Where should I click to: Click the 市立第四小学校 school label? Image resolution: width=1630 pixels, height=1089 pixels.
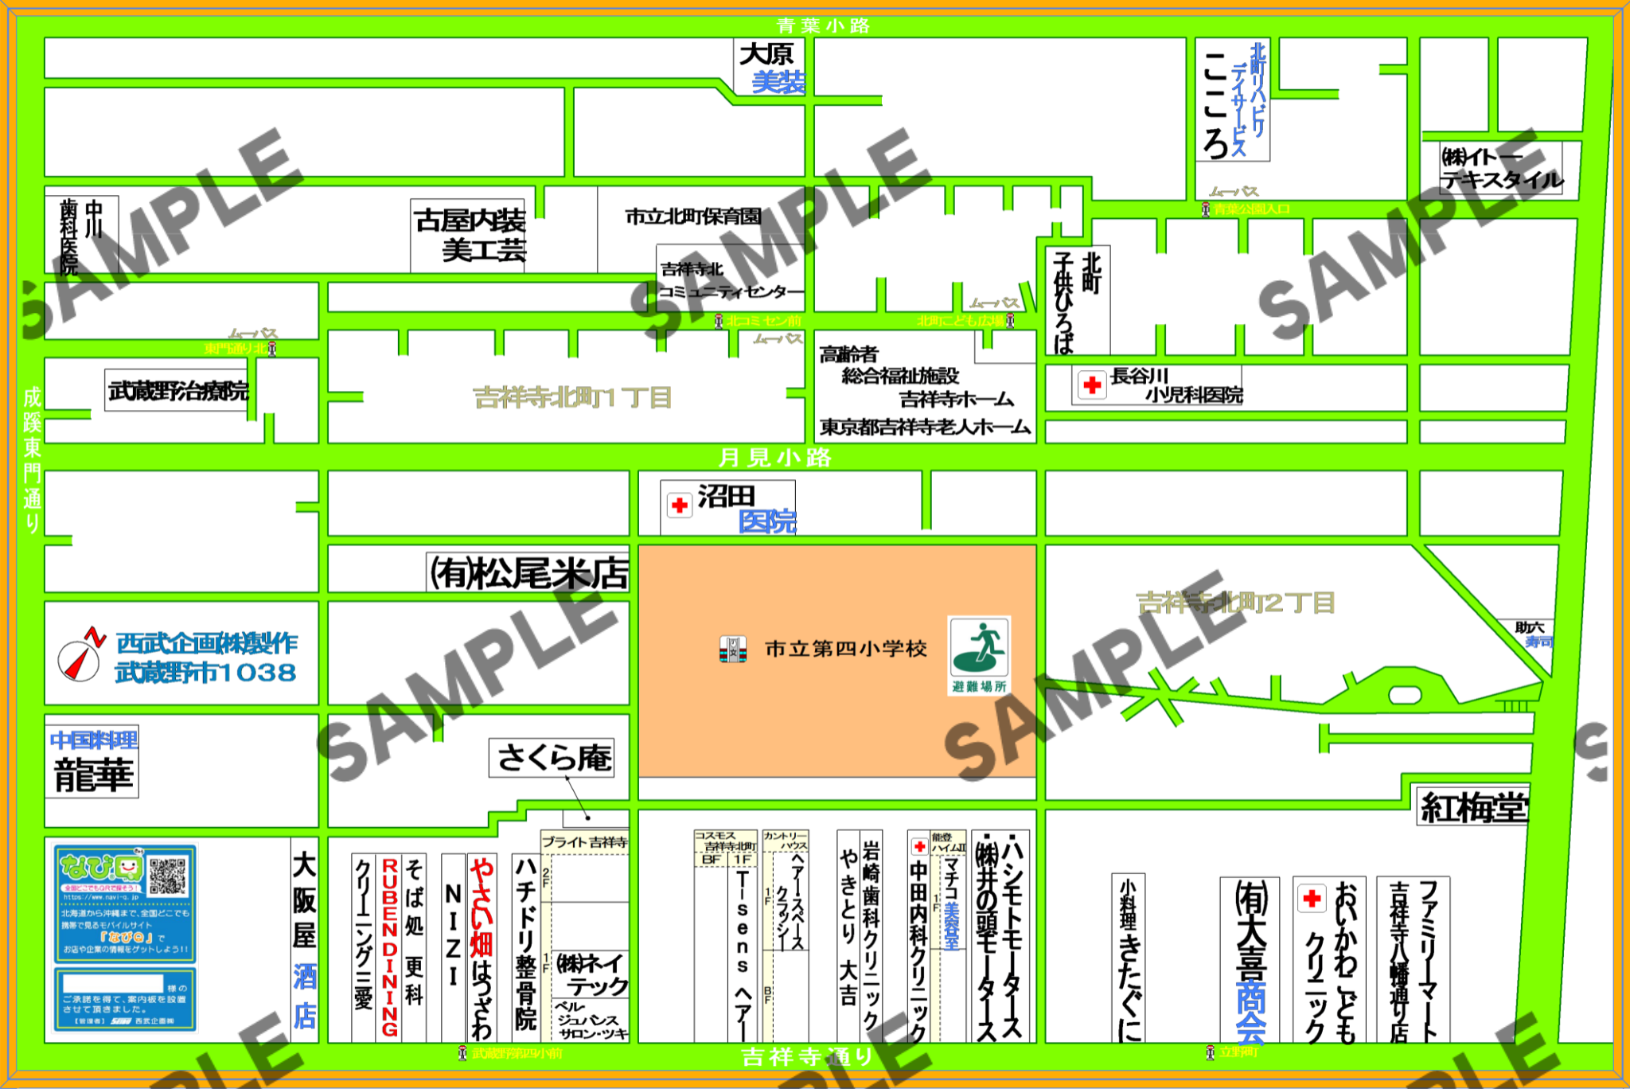pyautogui.click(x=845, y=649)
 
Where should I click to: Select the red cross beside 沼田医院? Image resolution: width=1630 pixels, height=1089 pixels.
pyautogui.click(x=680, y=505)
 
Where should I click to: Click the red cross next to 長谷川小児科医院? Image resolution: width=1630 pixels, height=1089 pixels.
pyautogui.click(x=1092, y=385)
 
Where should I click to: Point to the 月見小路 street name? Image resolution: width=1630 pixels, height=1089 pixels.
pyautogui.click(x=774, y=458)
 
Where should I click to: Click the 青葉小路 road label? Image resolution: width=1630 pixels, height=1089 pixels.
pyautogui.click(x=823, y=25)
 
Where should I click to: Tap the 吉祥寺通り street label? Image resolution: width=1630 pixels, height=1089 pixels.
pyautogui.click(x=807, y=1056)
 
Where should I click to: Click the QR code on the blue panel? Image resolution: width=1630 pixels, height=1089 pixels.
pyautogui.click(x=167, y=875)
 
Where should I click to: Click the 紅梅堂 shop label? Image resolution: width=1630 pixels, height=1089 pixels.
pyautogui.click(x=1473, y=807)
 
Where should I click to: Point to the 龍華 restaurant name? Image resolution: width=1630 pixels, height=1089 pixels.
pyautogui.click(x=93, y=775)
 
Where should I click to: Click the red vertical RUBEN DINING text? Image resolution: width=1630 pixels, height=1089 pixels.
pyautogui.click(x=390, y=947)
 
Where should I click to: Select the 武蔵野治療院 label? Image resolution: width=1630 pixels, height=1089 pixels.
pyautogui.click(x=178, y=390)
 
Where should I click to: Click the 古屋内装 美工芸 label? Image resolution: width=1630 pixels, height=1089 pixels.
pyautogui.click(x=470, y=235)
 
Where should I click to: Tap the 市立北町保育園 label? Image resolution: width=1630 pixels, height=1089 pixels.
pyautogui.click(x=692, y=216)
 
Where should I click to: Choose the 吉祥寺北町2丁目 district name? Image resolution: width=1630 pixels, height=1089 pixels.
pyautogui.click(x=1234, y=603)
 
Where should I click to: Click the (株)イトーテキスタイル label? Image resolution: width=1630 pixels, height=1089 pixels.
pyautogui.click(x=1501, y=168)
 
